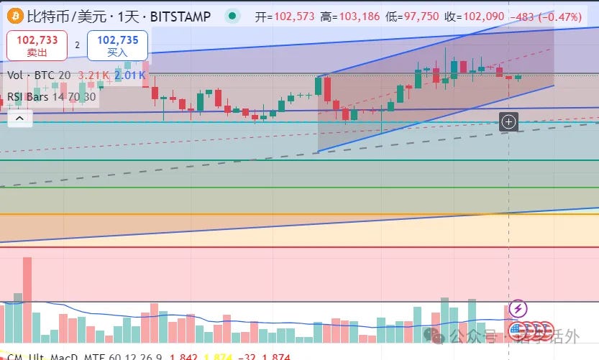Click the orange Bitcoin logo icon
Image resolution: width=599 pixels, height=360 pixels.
coord(14,15)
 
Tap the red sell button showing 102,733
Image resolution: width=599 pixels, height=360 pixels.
coord(37,45)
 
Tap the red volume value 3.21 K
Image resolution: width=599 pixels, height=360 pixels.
coord(93,75)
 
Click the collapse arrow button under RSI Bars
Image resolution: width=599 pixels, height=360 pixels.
coord(19,119)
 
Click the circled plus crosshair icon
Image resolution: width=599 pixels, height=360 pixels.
coord(508,121)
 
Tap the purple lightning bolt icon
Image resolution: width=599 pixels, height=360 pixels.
coord(518,310)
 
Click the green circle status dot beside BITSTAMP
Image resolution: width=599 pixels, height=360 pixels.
coord(231,15)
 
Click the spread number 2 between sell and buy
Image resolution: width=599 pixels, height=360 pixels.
coord(77,45)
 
